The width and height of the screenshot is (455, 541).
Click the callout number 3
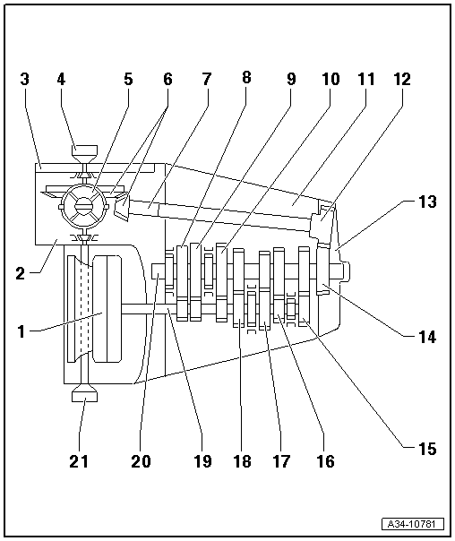(x=24, y=79)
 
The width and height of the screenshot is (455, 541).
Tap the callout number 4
(x=61, y=79)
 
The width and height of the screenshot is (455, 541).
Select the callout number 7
(x=206, y=79)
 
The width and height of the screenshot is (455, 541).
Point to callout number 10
(x=331, y=79)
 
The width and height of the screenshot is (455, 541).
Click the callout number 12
(x=402, y=79)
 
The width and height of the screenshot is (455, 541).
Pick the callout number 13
(x=427, y=202)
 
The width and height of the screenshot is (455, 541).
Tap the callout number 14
(x=427, y=337)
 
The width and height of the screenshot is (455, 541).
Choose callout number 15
(x=427, y=449)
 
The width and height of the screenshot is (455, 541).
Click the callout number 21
(x=79, y=461)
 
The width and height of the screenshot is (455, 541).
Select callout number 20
(x=142, y=461)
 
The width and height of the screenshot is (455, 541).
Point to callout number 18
(x=242, y=461)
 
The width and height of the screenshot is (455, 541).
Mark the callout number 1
(x=21, y=331)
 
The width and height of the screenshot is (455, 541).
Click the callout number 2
(x=21, y=273)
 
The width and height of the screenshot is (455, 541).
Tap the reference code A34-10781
(x=413, y=525)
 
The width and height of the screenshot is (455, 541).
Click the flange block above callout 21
(x=84, y=394)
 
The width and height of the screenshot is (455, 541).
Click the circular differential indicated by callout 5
(x=84, y=206)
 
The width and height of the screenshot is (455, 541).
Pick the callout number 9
(x=291, y=79)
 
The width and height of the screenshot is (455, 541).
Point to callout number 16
(x=326, y=461)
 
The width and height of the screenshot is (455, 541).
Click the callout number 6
(x=167, y=79)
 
